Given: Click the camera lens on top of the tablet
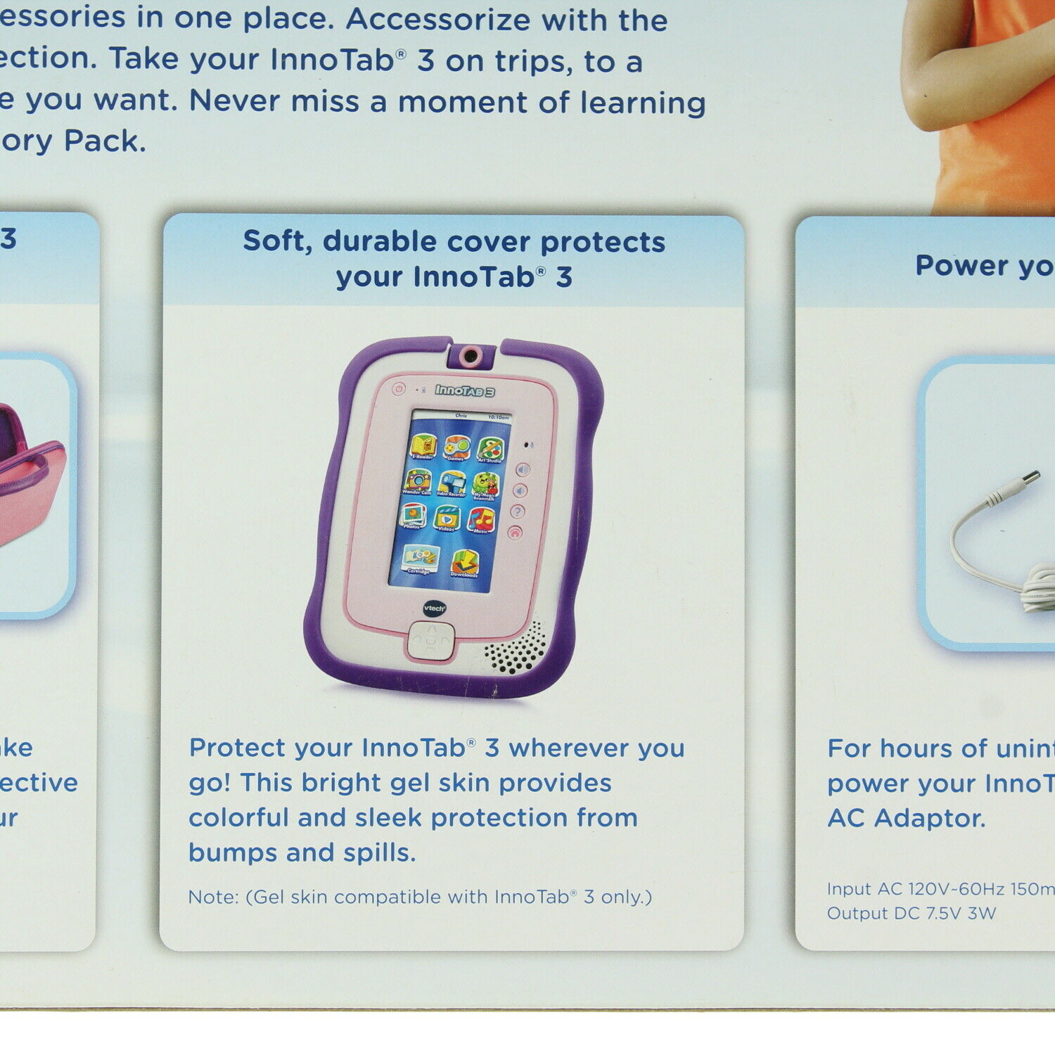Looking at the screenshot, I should (471, 356).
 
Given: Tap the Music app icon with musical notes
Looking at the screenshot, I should (481, 521).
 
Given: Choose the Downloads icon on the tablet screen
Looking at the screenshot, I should (465, 563).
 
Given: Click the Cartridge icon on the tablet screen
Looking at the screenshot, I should (420, 559).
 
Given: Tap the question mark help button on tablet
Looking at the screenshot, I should (518, 511).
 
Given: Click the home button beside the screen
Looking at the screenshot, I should (515, 532).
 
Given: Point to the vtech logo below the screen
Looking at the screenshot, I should (434, 608).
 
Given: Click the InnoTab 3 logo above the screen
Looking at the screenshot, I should (464, 390).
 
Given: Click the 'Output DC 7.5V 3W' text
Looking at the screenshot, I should (912, 914).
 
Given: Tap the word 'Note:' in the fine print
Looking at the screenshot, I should (213, 897).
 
